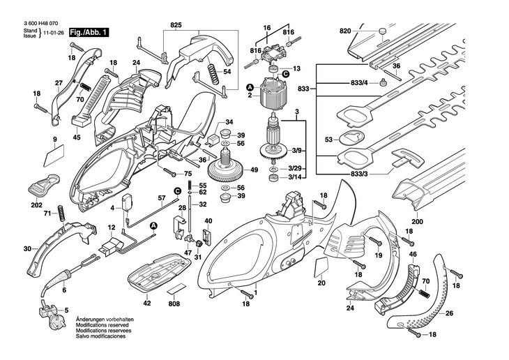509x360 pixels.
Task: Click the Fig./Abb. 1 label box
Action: tap(87, 32)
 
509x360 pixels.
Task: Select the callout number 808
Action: tap(174, 304)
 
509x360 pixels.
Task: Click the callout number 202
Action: tap(36, 205)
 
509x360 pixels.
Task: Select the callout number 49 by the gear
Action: tap(254, 170)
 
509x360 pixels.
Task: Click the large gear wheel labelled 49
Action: tap(229, 172)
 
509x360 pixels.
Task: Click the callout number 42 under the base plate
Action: tap(147, 304)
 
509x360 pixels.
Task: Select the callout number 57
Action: tap(161, 199)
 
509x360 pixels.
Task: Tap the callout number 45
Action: tap(77, 137)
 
